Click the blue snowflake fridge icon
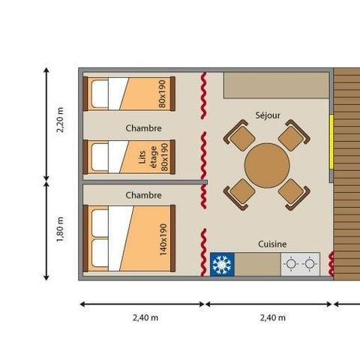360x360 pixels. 221,265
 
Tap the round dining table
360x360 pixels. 266,165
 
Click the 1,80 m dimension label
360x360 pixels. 61,229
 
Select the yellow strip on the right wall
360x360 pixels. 331,140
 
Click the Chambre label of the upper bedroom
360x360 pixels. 144,128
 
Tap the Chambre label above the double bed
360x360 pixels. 144,195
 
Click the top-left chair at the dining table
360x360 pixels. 241,138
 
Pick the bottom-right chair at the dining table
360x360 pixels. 293,193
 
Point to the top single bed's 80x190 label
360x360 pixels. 162,94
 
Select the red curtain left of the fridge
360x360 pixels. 203,251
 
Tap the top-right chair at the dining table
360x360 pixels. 293,138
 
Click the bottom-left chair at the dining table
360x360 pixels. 241,193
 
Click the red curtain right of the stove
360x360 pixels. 330,265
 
